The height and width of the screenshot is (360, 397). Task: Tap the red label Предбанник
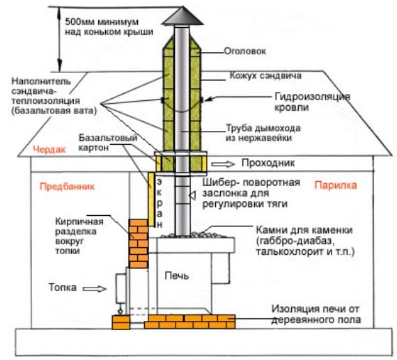(66, 187)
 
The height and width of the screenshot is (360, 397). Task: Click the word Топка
(72, 286)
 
